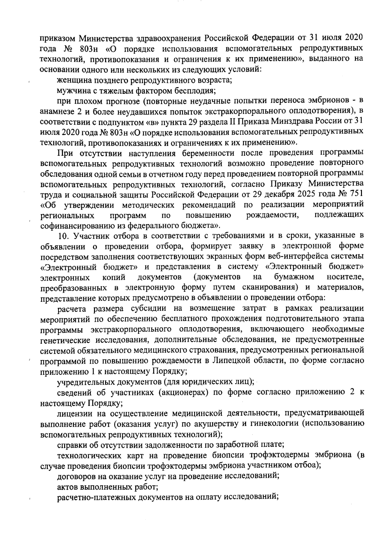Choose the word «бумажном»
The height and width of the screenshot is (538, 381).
(x=294, y=277)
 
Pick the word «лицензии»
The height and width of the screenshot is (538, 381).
(x=73, y=413)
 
